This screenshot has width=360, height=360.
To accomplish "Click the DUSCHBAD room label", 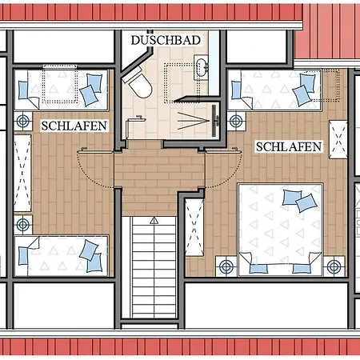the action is click(166, 40).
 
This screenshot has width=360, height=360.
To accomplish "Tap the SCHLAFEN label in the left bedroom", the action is click(74, 126).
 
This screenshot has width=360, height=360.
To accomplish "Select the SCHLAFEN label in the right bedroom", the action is click(289, 146).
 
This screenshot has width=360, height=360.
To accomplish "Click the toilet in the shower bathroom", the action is click(138, 83).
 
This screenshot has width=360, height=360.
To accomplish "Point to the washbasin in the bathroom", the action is click(201, 67).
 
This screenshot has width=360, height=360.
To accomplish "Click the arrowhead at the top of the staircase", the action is click(154, 220).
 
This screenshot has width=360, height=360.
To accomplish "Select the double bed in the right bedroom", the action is click(281, 230).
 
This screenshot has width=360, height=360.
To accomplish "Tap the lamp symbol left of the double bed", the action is click(226, 266).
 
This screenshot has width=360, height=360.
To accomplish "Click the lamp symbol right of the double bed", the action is click(334, 266).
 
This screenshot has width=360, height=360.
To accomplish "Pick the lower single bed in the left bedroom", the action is click(62, 256).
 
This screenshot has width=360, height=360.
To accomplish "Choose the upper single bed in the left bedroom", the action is click(61, 90).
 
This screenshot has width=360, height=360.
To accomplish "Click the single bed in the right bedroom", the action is click(274, 90).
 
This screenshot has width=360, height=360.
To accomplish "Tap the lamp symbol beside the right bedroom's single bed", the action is click(236, 121).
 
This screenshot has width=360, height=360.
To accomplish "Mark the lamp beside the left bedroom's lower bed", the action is click(23, 225).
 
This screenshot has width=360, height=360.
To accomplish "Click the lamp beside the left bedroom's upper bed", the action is click(23, 121).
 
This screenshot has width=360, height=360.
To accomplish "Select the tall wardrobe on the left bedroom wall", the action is click(22, 173).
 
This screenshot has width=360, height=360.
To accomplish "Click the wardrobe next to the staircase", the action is click(194, 227).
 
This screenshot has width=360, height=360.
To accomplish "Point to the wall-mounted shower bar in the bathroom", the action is click(214, 121).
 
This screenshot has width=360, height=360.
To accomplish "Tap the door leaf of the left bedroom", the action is click(95, 151).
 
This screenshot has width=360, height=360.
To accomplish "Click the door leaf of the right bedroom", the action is click(223, 151).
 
